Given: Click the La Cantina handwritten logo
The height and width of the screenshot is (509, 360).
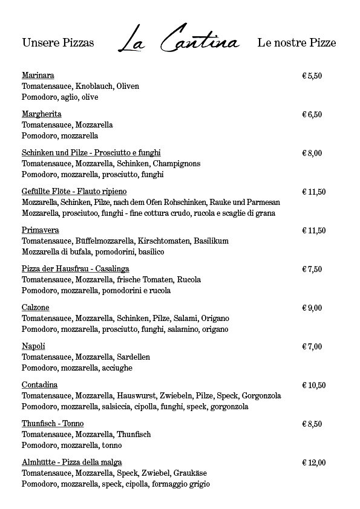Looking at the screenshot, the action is click(x=179, y=41).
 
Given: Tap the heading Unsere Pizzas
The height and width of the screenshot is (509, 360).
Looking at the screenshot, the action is click(x=58, y=44).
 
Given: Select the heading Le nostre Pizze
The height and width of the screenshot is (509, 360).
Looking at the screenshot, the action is click(x=296, y=44).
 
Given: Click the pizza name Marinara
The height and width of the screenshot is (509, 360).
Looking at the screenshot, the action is click(x=38, y=76).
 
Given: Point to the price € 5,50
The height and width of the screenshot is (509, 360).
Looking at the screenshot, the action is click(x=312, y=76).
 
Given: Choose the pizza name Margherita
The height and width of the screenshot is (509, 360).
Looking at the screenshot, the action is click(x=42, y=114).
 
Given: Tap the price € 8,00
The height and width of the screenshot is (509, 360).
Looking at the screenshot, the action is click(x=312, y=153).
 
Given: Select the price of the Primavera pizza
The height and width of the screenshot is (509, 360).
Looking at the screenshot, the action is click(x=314, y=230).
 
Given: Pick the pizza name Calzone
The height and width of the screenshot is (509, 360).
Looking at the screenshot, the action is click(x=36, y=308).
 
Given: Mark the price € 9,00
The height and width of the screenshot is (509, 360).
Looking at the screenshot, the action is click(x=312, y=308).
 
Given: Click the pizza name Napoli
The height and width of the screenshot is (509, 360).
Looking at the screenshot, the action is click(x=34, y=346).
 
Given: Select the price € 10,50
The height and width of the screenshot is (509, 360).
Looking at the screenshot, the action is click(x=314, y=385).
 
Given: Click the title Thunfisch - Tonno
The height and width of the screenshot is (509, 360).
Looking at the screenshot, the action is click(x=53, y=424).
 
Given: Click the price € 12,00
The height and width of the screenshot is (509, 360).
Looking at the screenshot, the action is click(x=314, y=462).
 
